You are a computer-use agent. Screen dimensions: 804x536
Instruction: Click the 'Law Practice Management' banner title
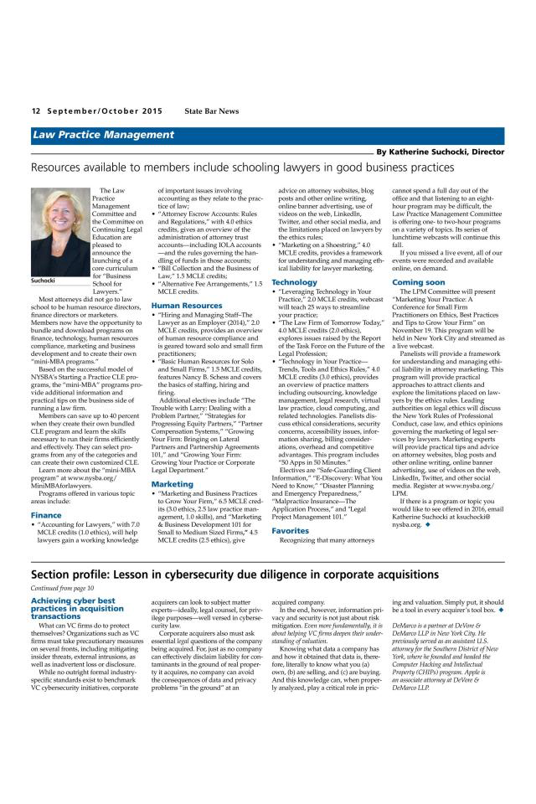(103, 135)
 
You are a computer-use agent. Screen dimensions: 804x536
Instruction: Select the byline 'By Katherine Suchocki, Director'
(440, 152)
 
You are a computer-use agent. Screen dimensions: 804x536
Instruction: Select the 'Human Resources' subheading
(187, 306)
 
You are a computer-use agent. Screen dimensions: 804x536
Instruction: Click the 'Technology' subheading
(294, 282)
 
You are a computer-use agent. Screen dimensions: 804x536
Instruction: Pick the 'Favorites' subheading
(291, 530)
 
